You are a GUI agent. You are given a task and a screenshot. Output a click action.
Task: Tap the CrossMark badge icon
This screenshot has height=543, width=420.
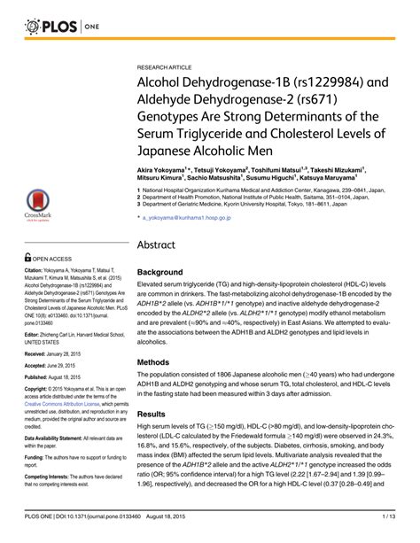click(x=35, y=206)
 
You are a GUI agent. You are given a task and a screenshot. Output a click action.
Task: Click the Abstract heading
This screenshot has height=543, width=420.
click(x=161, y=245)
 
